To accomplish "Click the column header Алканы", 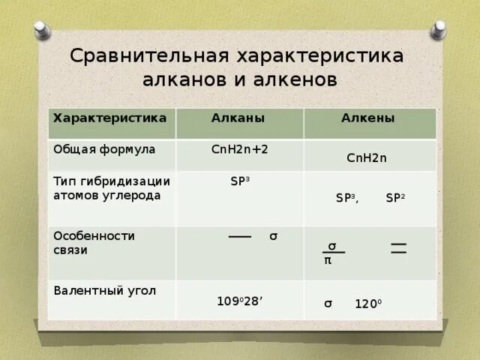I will click(238, 118).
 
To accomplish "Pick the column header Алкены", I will click(367, 118).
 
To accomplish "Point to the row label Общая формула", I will click(104, 149).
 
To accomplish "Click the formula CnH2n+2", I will click(240, 149).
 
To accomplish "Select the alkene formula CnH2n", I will click(367, 158).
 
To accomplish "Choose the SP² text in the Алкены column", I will click(395, 198).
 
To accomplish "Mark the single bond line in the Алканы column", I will click(240, 236).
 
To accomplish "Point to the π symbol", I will click(328, 261).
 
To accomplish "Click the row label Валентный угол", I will click(104, 290).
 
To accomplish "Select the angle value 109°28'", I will click(240, 301).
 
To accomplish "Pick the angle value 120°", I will click(368, 304).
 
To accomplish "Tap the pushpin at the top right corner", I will click(439, 30).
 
